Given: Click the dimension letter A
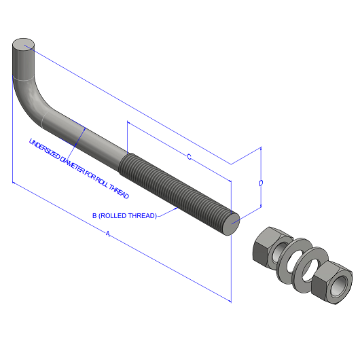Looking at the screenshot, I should pyautogui.click(x=107, y=234).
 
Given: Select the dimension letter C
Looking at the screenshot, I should pyautogui.click(x=189, y=158).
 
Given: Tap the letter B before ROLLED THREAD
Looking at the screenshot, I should pyautogui.click(x=94, y=216).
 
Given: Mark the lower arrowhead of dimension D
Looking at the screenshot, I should pyautogui.click(x=260, y=208).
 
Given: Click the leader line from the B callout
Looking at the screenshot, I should pyautogui.click(x=168, y=213).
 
